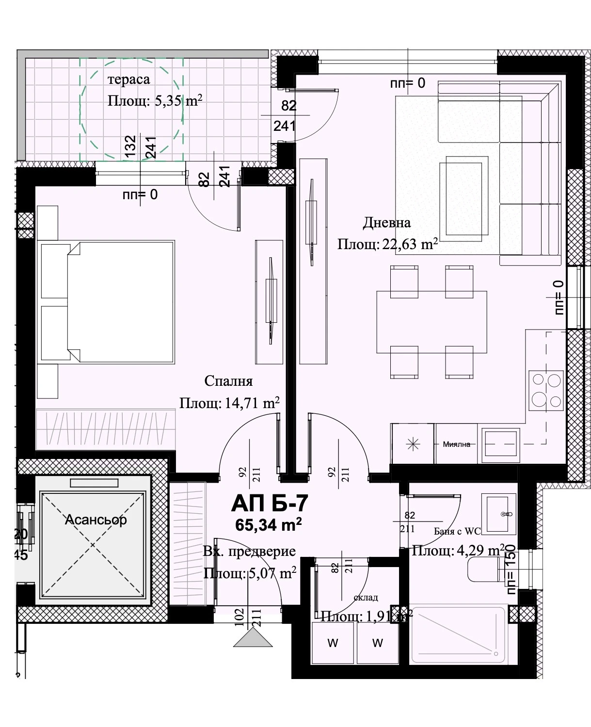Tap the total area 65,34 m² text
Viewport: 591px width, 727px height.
pyautogui.click(x=269, y=524)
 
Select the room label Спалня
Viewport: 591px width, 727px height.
pyautogui.click(x=228, y=381)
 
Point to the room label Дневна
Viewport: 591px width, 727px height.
pyautogui.click(x=386, y=222)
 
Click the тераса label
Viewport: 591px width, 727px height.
pyautogui.click(x=128, y=79)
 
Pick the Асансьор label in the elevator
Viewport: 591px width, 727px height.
pyautogui.click(x=96, y=520)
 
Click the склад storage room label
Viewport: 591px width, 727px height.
pyautogui.click(x=366, y=598)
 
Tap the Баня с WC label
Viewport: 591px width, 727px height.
pyautogui.click(x=457, y=532)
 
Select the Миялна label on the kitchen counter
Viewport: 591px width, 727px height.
pyautogui.click(x=456, y=444)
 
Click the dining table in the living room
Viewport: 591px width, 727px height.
pyautogui.click(x=431, y=322)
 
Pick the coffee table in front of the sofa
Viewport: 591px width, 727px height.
pyautogui.click(x=461, y=199)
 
